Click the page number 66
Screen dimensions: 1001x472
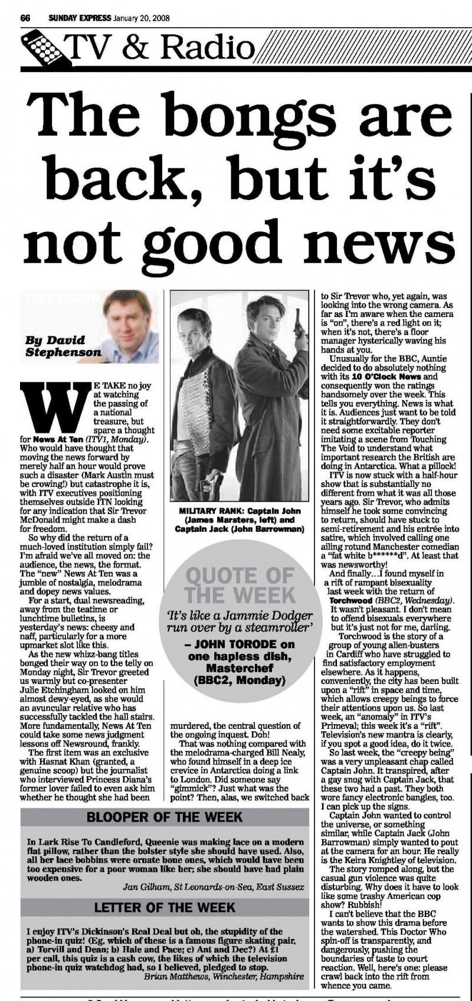25,18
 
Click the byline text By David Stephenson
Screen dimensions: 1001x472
63,346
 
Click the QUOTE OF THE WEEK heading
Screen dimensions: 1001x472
240,585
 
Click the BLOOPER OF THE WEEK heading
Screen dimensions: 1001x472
165,817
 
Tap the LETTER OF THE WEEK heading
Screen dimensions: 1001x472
165,907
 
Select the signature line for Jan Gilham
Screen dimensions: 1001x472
214,887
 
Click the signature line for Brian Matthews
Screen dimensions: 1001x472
224,977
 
